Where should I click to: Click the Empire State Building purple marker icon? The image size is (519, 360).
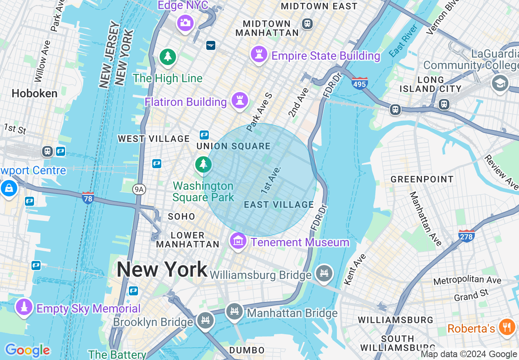coord(259,54)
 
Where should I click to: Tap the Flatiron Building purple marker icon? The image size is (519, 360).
coord(239,100)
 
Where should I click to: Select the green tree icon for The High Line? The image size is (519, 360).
coord(167,57)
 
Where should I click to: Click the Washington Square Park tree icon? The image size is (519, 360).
coord(203,164)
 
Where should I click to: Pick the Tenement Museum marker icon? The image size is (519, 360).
coord(238,241)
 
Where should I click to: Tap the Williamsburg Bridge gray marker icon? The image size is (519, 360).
coord(325,273)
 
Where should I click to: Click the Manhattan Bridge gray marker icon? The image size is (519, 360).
coord(235,312)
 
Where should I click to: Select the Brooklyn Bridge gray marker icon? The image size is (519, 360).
coord(205,320)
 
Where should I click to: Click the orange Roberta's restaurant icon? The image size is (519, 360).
coord(507,327)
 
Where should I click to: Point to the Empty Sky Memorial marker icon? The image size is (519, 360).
coord(24,307)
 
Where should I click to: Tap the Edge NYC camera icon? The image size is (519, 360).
coord(185,22)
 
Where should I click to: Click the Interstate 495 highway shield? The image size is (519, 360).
coord(359,83)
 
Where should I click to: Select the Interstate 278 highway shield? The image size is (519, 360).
coord(467,235)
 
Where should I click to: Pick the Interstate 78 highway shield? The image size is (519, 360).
coord(88,197)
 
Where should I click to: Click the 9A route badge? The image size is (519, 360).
coord(140,189)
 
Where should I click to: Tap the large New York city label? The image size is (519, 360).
coord(162,270)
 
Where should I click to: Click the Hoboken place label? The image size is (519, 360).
coord(34,94)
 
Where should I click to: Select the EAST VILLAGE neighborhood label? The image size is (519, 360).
coord(279,205)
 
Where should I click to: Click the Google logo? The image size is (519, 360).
coord(27,350)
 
